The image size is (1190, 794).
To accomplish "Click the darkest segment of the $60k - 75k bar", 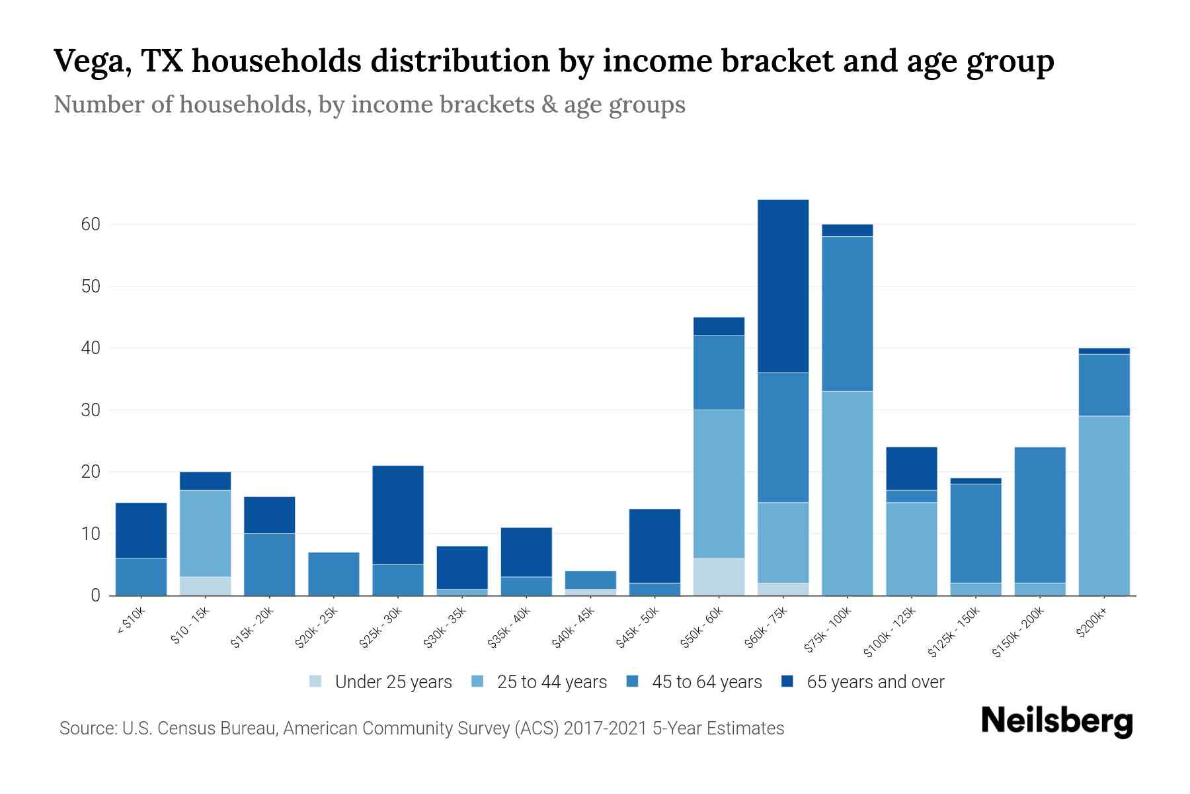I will (783, 286).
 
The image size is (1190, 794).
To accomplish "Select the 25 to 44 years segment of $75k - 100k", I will (847, 493).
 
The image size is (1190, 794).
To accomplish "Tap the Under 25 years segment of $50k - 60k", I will (719, 576).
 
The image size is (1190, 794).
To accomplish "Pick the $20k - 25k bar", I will (333, 574).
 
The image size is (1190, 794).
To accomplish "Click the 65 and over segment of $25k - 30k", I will (397, 515).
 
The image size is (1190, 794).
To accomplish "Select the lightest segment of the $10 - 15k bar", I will (205, 586).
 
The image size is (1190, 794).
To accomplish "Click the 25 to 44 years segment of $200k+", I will (1103, 506).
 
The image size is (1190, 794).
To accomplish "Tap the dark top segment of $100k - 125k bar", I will (911, 468).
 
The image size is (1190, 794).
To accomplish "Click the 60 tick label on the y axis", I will (91, 224).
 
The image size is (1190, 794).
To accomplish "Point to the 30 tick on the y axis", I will (91, 410).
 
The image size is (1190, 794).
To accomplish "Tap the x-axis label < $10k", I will (131, 621).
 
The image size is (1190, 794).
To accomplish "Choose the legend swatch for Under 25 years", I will (315, 682).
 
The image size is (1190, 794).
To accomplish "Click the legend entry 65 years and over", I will (875, 682).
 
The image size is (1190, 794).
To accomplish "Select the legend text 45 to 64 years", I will (707, 682).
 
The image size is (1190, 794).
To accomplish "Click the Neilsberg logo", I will (1056, 721).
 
